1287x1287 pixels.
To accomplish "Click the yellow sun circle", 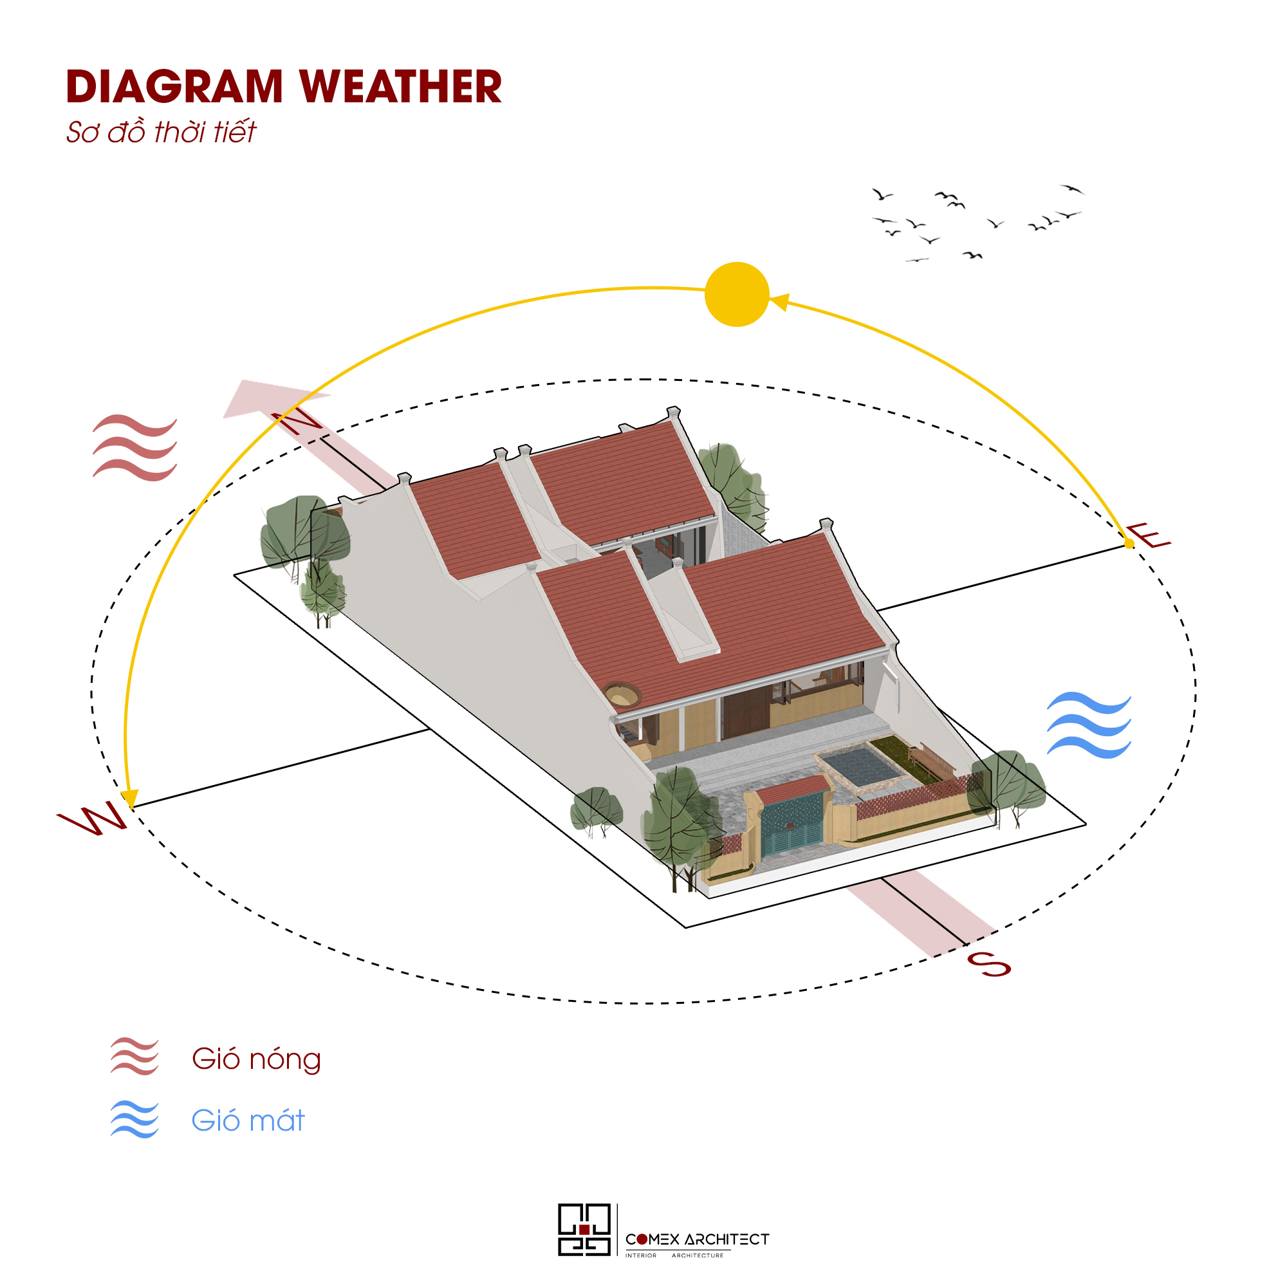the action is (737, 295).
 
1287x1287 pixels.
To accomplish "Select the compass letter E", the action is (1148, 536).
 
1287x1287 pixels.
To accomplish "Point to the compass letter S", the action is (988, 964).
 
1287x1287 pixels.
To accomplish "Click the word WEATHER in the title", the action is (400, 87).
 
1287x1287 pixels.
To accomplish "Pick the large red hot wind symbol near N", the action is (134, 448).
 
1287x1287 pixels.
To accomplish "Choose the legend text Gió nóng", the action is (257, 1059).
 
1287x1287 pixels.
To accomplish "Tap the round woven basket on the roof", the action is (622, 695).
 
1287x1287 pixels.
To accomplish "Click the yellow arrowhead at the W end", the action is (129, 797).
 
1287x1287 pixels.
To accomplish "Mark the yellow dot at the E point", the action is (1129, 544).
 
